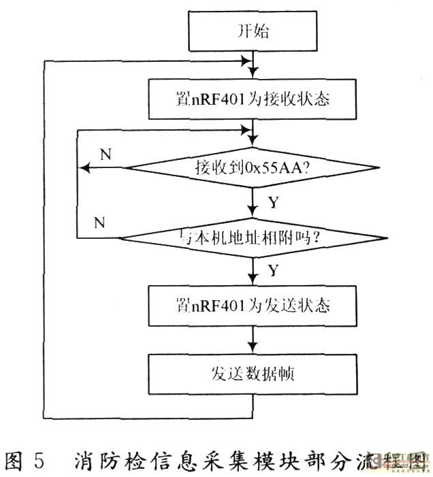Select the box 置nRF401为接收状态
pos(252,99)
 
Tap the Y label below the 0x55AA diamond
pos(273,202)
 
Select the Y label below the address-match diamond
pos(273,270)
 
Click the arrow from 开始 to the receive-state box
pos(253,65)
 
